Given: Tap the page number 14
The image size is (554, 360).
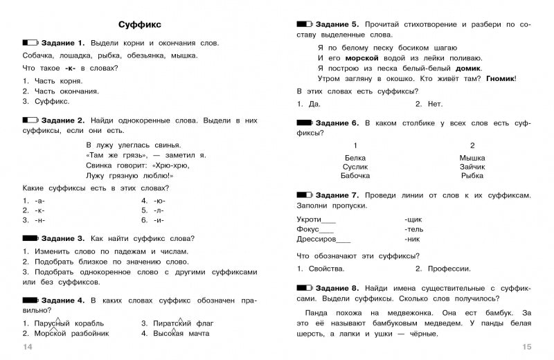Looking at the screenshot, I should pos(28,346).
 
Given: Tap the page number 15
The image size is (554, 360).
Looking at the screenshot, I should pos(525,346).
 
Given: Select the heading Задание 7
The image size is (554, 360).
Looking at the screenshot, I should pos(335,195).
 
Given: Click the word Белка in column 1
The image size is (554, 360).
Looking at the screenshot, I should pos(355,157).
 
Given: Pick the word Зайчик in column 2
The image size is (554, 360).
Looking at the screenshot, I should pos(472,166).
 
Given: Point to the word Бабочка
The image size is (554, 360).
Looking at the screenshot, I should pos(356,175).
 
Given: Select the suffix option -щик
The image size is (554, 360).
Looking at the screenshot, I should pos(413,219).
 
